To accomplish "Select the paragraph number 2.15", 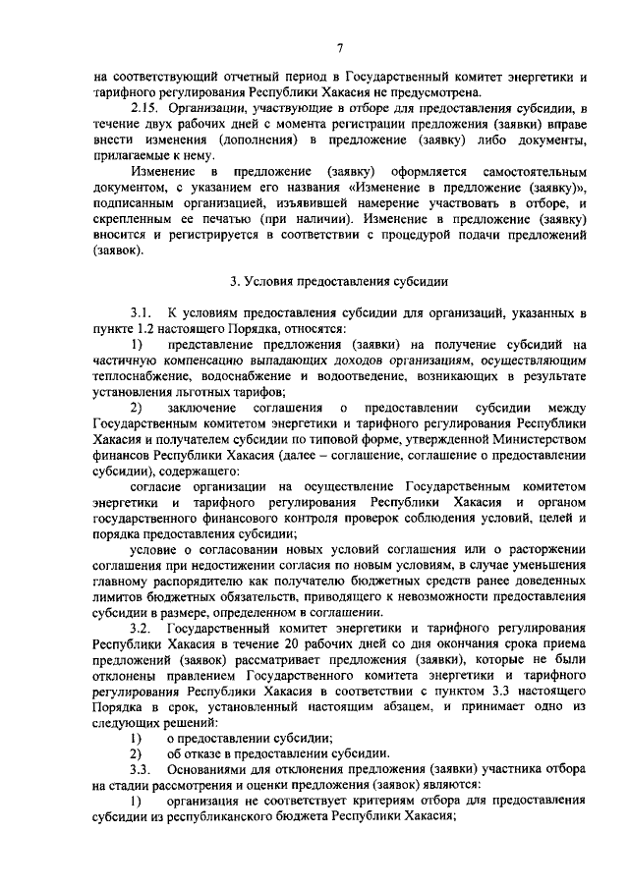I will click(x=146, y=107).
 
